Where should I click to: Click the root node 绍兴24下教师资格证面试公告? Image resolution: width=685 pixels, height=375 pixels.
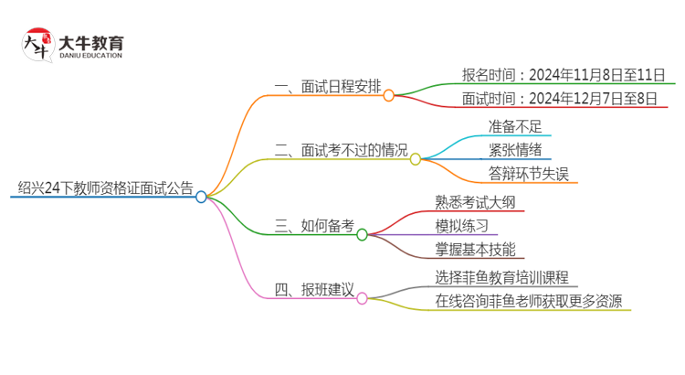tap(105, 189)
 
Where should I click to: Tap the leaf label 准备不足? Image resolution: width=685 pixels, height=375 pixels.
tap(517, 125)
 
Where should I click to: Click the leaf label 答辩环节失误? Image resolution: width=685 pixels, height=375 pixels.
tap(528, 174)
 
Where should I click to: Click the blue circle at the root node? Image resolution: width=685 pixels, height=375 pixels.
tap(201, 196)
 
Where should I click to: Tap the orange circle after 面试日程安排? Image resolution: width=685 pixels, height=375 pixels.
tap(388, 95)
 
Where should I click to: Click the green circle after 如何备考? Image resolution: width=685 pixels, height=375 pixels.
tap(362, 235)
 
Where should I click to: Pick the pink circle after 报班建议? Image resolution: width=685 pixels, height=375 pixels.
tap(362, 298)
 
